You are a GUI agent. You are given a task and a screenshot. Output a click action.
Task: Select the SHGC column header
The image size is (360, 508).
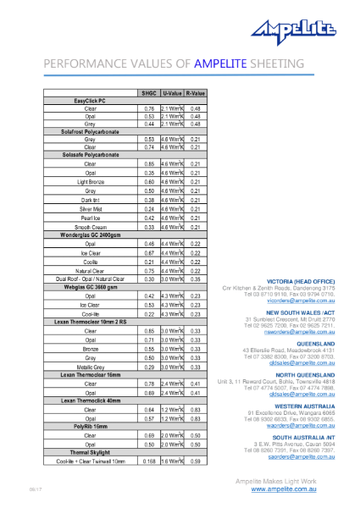(x=150, y=92)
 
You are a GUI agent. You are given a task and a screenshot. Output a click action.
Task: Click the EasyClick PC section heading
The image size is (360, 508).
(x=91, y=101)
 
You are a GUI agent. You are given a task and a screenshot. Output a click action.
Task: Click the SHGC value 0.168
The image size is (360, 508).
(x=150, y=461)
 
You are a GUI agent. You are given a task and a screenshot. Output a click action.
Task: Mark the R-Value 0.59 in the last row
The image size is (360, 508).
(x=195, y=461)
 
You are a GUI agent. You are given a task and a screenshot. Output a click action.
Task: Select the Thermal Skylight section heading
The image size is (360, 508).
(x=91, y=452)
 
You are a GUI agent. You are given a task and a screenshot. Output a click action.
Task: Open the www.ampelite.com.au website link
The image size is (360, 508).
(x=292, y=489)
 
